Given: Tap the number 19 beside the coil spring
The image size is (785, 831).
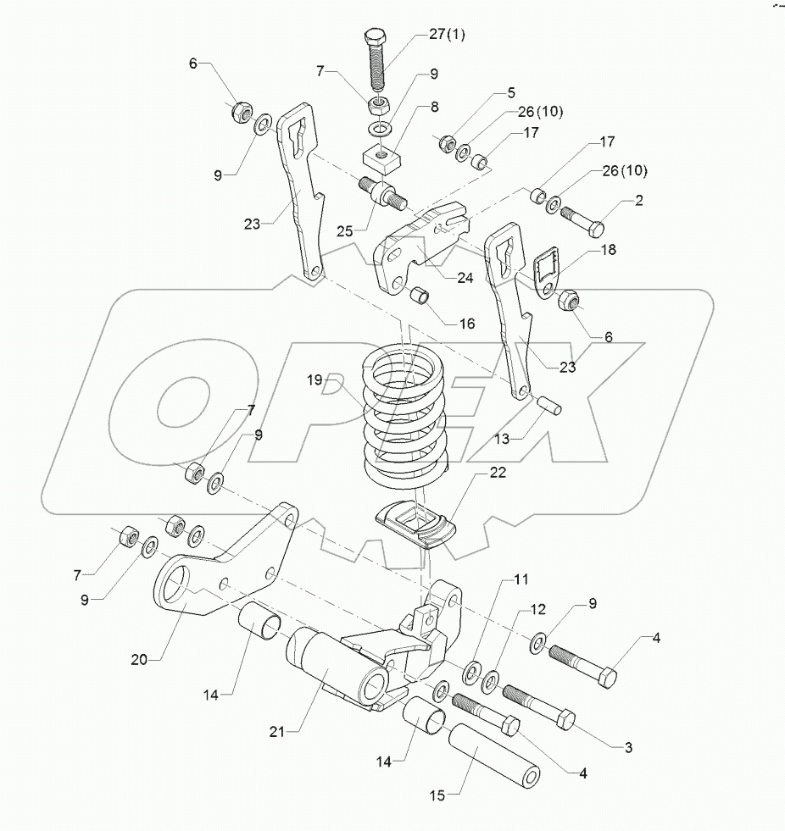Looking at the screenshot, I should pos(315,381).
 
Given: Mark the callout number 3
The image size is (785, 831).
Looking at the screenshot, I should pos(628,746).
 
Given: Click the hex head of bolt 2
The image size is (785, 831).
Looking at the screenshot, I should pos(596,228).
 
